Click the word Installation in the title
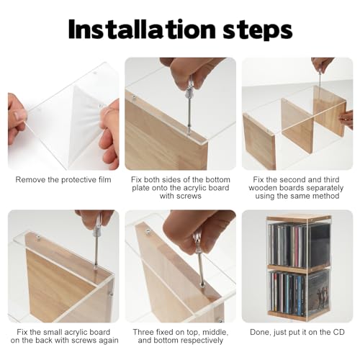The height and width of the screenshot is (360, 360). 142,29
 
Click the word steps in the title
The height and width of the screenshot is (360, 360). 258,30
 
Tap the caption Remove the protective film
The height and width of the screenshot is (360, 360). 63,180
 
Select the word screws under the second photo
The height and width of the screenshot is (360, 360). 181,196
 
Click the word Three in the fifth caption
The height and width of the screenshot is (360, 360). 143,332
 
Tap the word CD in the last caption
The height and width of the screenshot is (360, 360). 338,332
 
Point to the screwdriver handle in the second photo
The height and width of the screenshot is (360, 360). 190,88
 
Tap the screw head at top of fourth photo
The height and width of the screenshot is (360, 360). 38,238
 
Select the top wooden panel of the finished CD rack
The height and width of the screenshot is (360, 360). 299,218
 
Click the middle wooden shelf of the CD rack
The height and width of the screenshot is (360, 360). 299,268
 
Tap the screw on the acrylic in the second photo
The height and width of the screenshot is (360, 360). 134,97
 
